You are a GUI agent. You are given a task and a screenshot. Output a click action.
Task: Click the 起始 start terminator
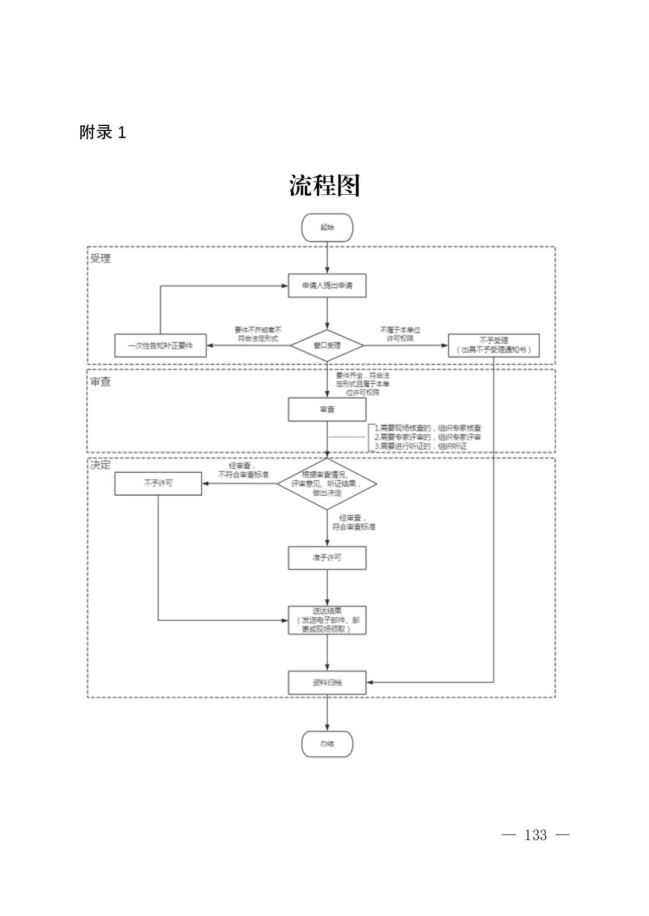pos(327,227)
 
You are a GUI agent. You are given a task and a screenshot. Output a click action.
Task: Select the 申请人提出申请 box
pos(327,285)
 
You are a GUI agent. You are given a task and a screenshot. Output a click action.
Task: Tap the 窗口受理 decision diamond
pos(327,346)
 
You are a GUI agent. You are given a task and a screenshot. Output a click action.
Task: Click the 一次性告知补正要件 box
pos(160,346)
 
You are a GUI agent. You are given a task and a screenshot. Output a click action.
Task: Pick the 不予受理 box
pos(493,346)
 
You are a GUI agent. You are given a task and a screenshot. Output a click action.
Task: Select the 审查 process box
pos(327,409)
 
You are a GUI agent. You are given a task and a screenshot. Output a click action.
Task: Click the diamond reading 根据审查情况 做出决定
pos(327,484)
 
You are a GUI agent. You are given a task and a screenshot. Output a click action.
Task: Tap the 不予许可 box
pos(158,484)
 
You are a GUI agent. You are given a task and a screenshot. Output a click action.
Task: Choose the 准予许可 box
pos(327,558)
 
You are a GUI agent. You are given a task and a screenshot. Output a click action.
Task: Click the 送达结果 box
pos(327,620)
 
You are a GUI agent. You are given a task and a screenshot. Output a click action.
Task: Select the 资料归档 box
pos(327,683)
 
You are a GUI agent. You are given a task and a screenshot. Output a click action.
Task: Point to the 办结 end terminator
pos(327,744)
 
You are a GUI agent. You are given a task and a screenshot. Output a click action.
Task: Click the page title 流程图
pos(324,186)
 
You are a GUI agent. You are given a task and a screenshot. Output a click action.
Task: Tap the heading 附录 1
pos(103,133)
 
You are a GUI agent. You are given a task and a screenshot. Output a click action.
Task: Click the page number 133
pos(536,835)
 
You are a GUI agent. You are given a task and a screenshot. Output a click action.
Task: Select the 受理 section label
pos(100,259)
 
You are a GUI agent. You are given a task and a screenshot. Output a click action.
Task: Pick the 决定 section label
pos(100,466)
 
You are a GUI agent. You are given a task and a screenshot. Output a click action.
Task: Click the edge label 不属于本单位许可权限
pos(400,334)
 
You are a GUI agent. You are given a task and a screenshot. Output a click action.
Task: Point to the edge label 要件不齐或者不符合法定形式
pos(258,334)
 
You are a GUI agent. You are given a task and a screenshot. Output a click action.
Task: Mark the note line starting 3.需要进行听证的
pos(421,447)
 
